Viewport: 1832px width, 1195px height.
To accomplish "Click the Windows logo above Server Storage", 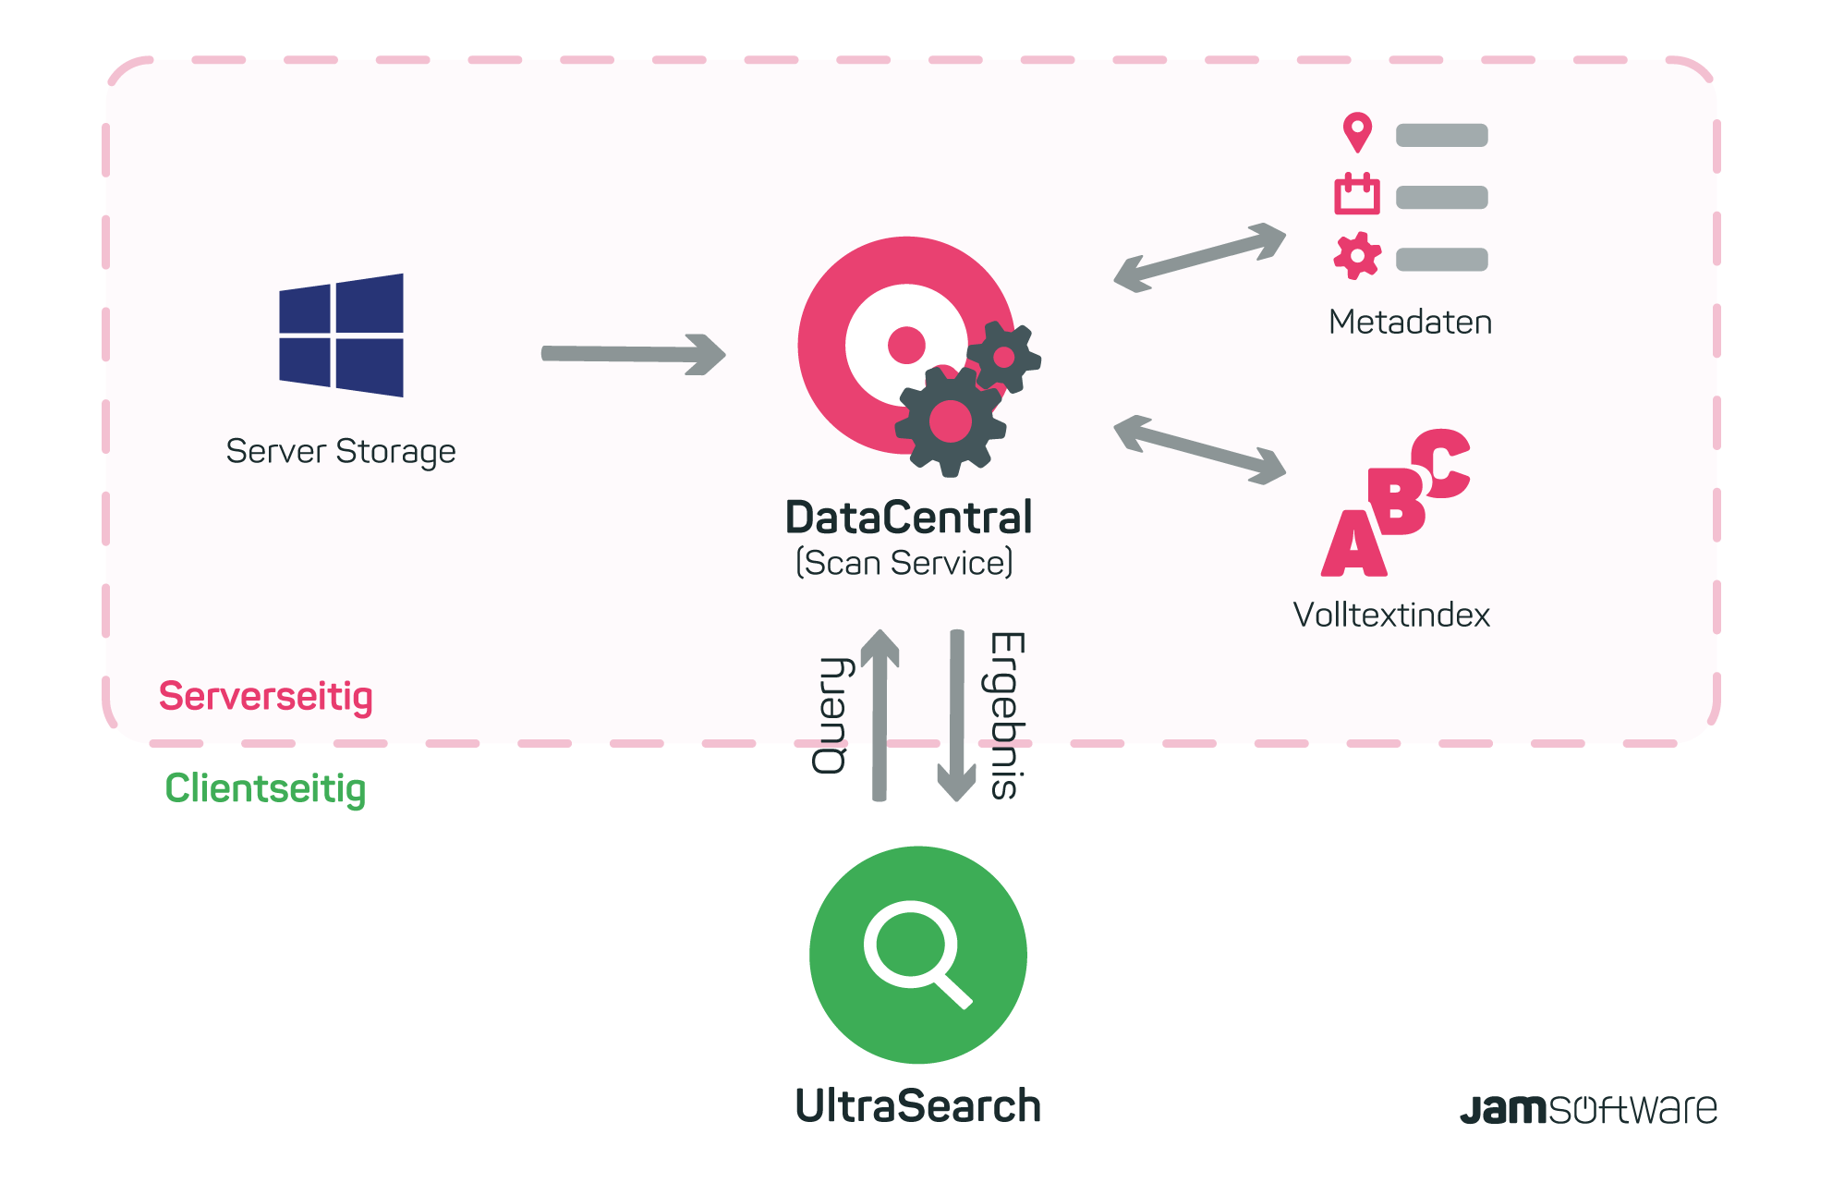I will pos(341,335).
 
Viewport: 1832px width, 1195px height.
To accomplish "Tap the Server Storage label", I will pos(341,452).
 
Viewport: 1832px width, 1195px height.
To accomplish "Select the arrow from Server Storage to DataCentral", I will pos(633,354).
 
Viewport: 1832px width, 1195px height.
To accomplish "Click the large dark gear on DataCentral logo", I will pos(951,421).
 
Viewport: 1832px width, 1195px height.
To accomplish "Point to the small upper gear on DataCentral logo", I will pos(1004,357).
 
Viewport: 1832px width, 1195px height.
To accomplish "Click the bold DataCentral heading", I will pos(908,518).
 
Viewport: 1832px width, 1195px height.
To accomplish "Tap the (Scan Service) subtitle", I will pos(904,563).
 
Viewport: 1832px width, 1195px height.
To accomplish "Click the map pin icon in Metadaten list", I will pos(1357,132).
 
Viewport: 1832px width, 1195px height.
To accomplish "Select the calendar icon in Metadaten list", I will pos(1357,194).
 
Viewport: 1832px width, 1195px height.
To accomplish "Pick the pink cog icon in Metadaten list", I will pos(1357,256).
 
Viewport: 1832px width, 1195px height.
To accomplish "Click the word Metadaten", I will pos(1410,323).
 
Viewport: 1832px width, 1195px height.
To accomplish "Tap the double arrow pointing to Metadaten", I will pos(1199,258).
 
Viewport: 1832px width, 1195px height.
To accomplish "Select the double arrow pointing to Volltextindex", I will pos(1199,450).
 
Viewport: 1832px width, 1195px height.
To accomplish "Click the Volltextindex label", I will pos(1391,616).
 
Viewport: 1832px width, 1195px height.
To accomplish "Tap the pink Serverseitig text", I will pos(266,697).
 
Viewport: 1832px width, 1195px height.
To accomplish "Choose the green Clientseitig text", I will pos(266,789).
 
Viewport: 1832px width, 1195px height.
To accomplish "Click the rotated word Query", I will pos(830,715).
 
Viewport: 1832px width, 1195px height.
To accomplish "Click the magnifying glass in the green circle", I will pos(916,953).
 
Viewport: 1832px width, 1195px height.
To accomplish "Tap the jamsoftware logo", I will pos(1587,1108).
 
